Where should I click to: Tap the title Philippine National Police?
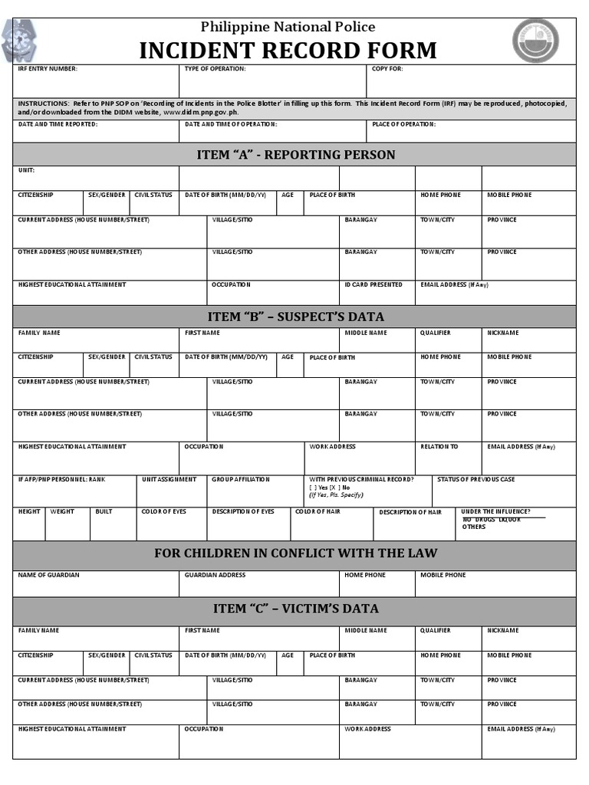coord(288,27)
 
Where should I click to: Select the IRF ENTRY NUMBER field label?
coord(48,69)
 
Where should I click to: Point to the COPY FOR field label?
coord(387,69)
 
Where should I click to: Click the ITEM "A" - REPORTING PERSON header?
coord(295,155)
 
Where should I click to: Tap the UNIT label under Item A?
coord(26,170)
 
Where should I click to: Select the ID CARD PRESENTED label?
coord(373,284)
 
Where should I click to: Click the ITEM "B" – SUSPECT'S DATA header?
coord(295,317)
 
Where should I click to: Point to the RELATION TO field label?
coord(439,446)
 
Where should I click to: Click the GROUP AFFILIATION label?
coord(241,479)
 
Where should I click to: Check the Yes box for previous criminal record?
coord(313,488)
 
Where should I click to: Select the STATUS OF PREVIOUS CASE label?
coord(475,479)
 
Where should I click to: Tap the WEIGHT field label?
coord(62,511)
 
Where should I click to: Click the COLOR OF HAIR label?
coord(318,511)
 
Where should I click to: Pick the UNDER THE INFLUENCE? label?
coord(496,511)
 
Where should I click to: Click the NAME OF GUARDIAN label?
coord(48,575)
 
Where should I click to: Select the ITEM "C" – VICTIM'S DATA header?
coord(295,609)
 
